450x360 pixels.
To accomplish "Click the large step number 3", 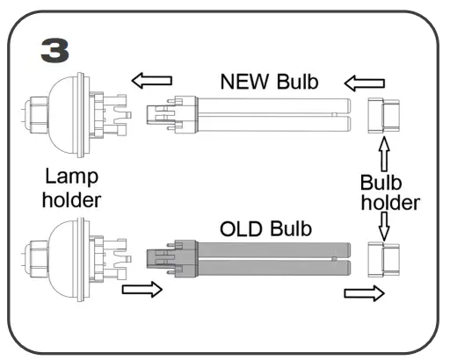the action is coord(55,51).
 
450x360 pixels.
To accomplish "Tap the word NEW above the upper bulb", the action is coord(245,82).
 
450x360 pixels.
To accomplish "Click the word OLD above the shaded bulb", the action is coord(241,229).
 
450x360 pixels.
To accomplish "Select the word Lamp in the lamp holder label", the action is coord(72,177).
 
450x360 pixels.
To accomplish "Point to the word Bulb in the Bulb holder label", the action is coord(381,183).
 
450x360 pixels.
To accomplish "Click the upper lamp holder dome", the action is coord(64,115).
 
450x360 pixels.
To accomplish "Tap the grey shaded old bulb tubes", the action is coord(274,259).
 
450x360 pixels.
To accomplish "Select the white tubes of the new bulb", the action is coord(274,115).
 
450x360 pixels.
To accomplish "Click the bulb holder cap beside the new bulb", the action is coord(383,116).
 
